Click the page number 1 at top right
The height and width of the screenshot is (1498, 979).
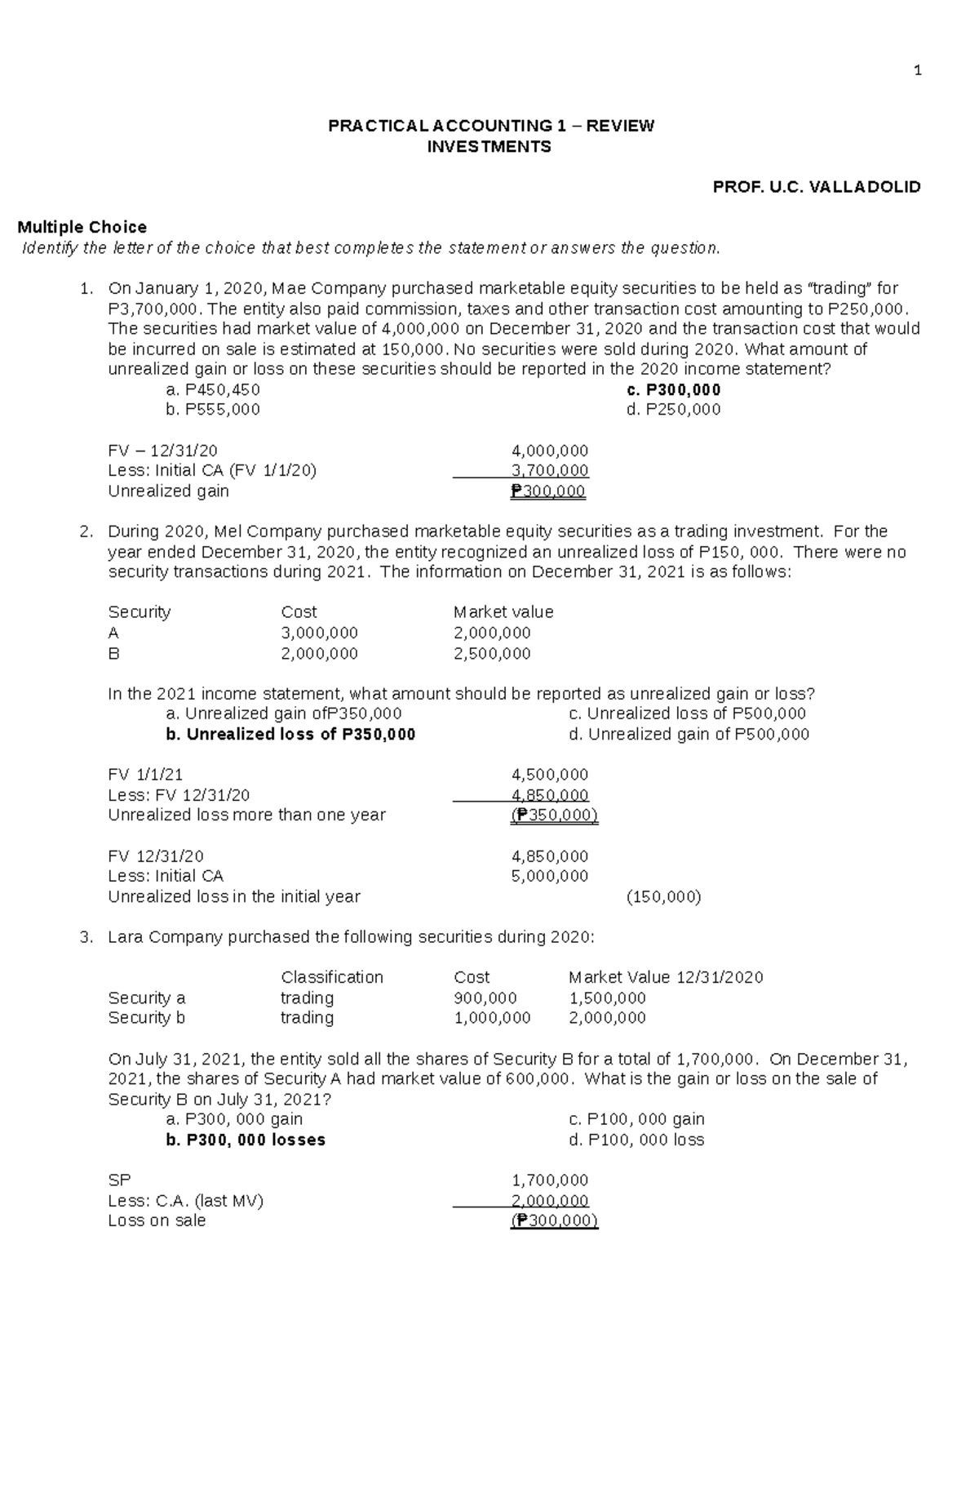coord(918,71)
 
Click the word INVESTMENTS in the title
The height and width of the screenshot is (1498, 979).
coord(489,147)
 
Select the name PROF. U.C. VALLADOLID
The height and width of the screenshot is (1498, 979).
coord(817,187)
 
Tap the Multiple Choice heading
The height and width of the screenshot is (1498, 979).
coord(82,227)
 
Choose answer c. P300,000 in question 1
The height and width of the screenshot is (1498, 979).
coord(673,389)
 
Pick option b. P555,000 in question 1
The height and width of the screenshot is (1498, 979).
coord(212,410)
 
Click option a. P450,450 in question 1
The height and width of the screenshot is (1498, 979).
coord(212,389)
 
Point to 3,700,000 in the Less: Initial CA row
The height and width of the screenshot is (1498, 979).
coord(549,471)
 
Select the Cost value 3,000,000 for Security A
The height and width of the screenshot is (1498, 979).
coord(319,633)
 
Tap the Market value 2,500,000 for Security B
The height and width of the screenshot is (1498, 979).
coord(492,654)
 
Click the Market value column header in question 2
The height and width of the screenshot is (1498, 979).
coord(503,612)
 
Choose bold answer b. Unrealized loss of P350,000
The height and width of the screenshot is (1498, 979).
coord(290,735)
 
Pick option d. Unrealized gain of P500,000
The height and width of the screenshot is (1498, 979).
coord(689,735)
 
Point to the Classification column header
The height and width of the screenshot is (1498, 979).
coord(332,978)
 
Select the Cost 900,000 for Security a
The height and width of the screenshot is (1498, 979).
coord(485,998)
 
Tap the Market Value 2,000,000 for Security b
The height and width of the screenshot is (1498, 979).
coord(607,1018)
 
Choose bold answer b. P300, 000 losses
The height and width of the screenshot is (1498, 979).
coord(246,1140)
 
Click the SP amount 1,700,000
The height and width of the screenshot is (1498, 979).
coord(549,1180)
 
